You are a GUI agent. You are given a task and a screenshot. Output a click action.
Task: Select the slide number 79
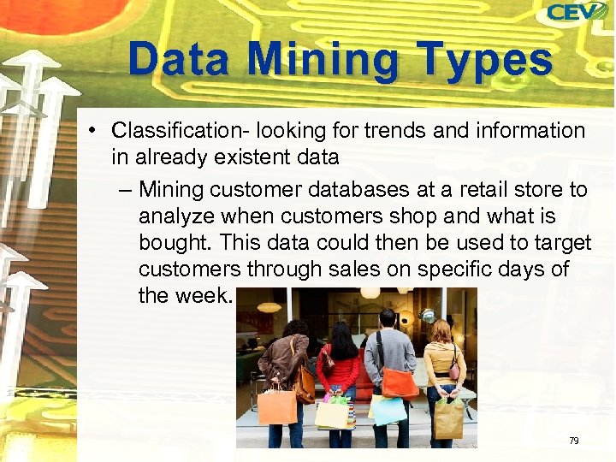coord(573,441)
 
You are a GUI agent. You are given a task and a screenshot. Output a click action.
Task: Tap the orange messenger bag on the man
coord(399,382)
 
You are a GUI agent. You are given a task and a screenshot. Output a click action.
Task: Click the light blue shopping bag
coord(388,411)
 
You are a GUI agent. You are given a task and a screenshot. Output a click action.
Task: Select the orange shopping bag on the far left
coord(276,406)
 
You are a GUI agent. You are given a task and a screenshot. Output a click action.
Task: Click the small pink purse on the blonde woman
coord(454,372)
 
